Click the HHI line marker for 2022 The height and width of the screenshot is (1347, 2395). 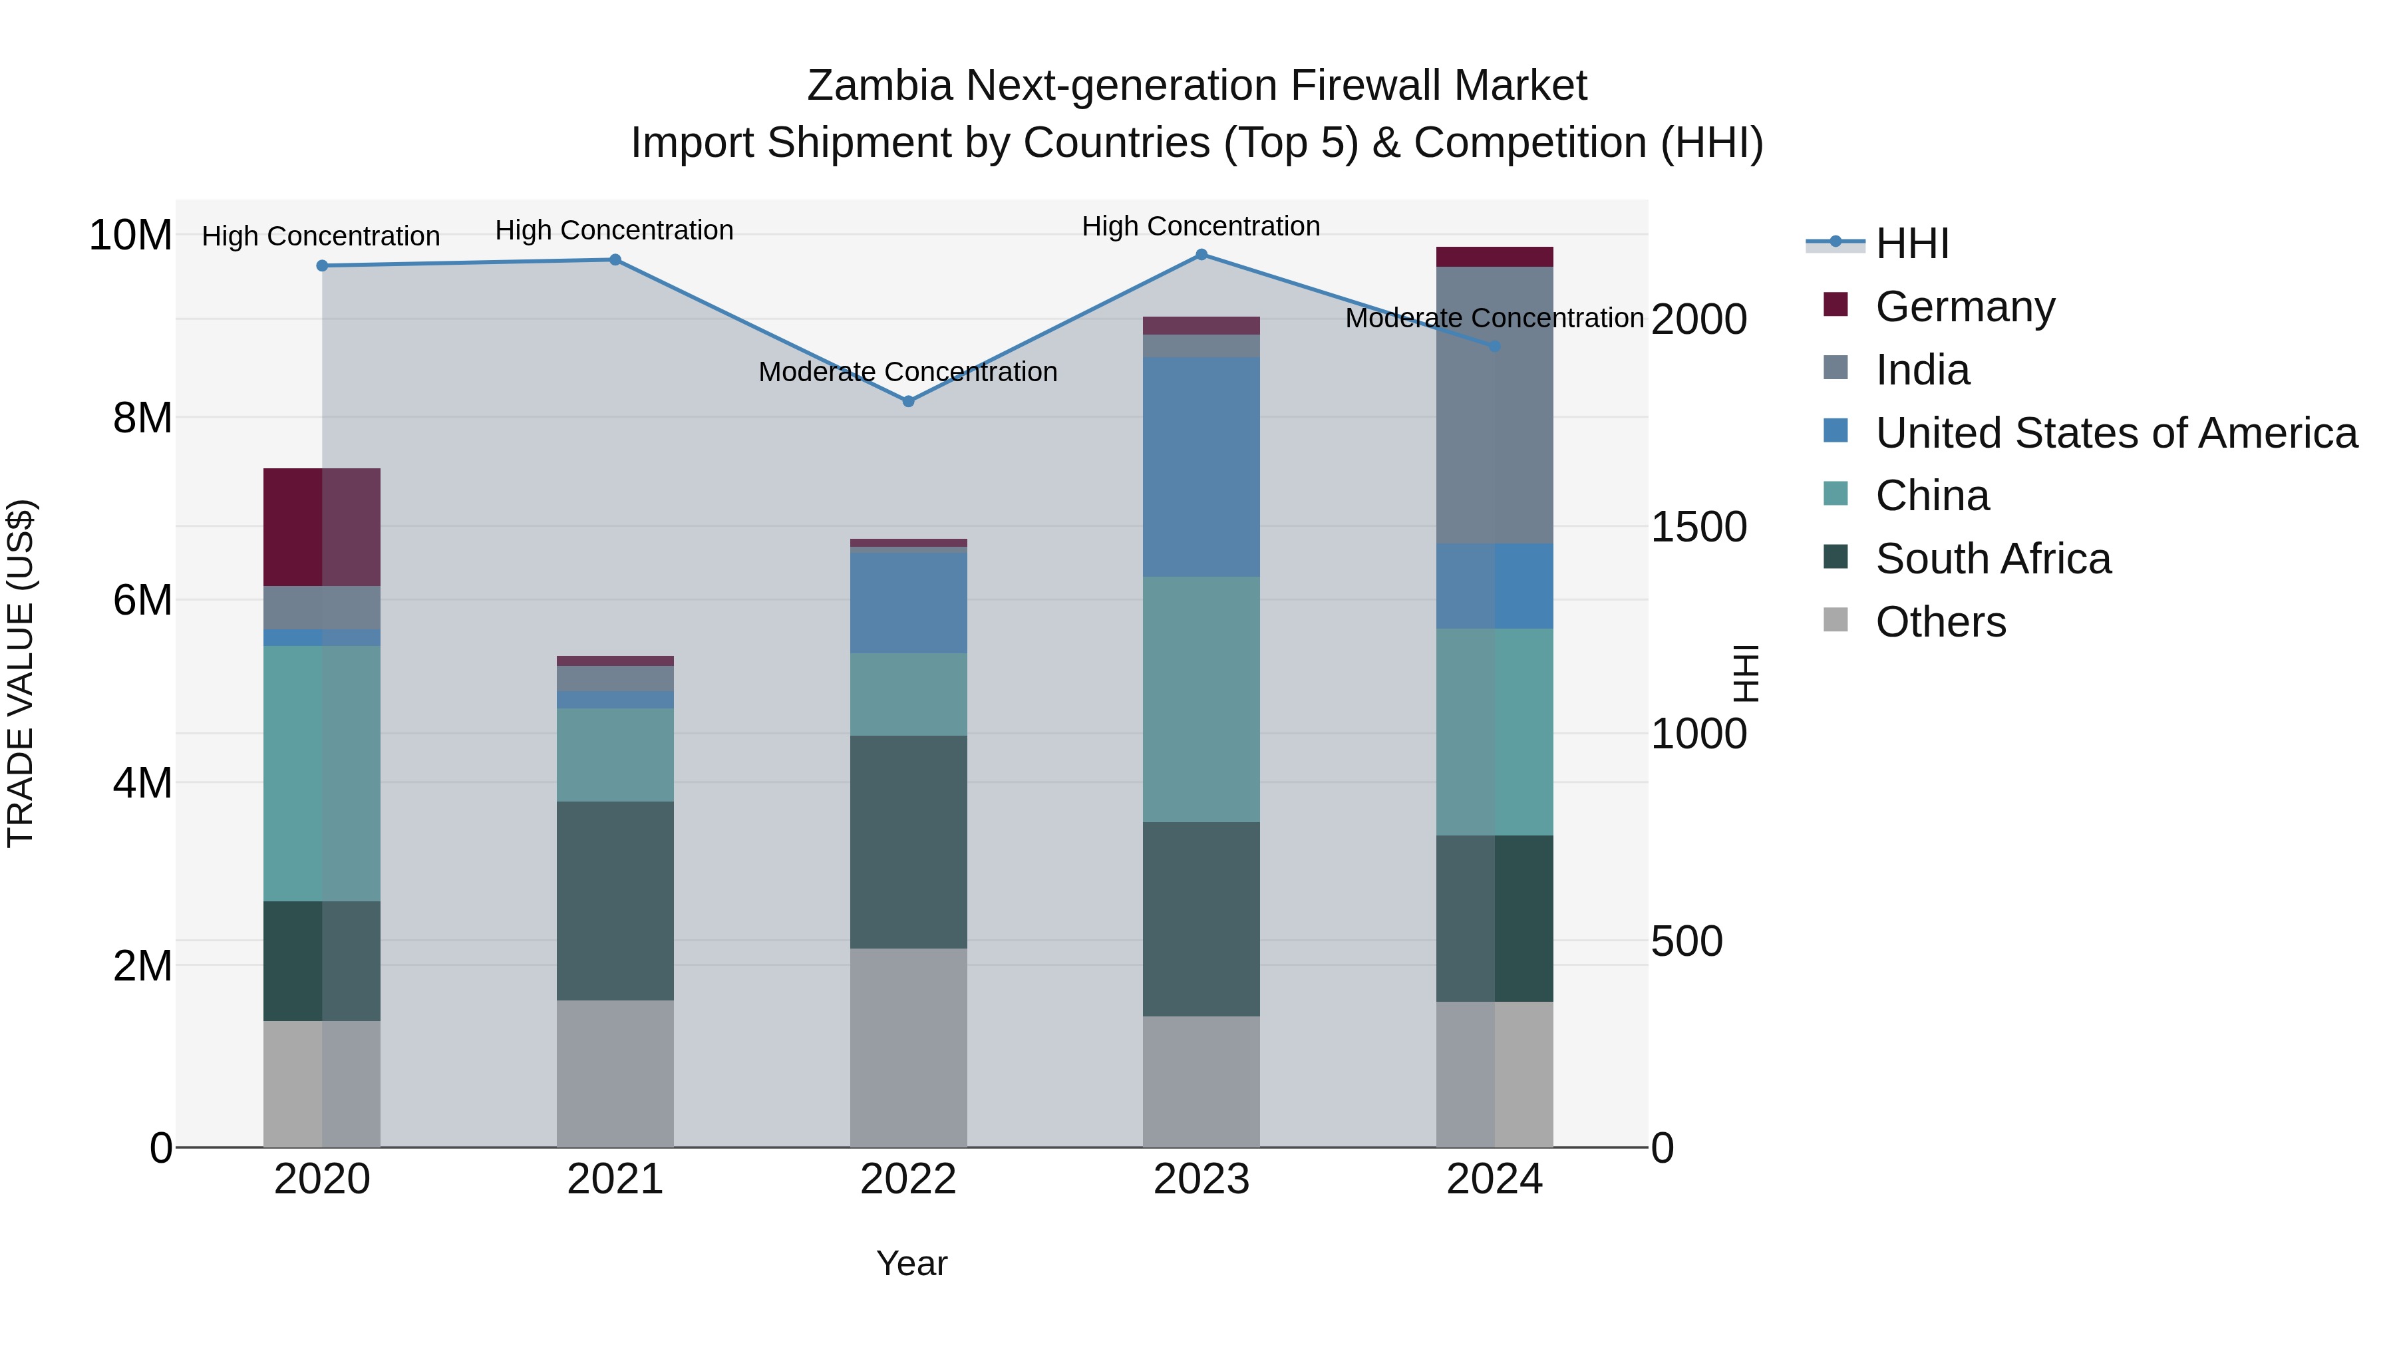pyautogui.click(x=908, y=402)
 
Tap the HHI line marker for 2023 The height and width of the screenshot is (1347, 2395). pyautogui.click(x=1201, y=255)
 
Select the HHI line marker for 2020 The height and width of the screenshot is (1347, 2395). pyautogui.click(x=323, y=266)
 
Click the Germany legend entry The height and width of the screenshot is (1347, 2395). pyautogui.click(x=1965, y=307)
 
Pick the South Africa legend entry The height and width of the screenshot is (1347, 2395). pyautogui.click(x=1993, y=559)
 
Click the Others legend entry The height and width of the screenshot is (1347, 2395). pyautogui.click(x=1941, y=622)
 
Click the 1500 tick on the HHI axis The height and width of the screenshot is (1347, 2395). pyautogui.click(x=1698, y=527)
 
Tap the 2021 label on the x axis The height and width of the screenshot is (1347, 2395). pyautogui.click(x=615, y=1179)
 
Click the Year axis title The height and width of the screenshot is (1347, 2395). pyautogui.click(x=911, y=1263)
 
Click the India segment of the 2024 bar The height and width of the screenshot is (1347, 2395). pyautogui.click(x=1494, y=404)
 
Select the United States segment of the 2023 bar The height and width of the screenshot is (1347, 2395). pyautogui.click(x=1201, y=467)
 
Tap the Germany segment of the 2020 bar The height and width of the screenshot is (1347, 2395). pyautogui.click(x=322, y=527)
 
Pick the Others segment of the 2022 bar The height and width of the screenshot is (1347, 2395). pyautogui.click(x=908, y=1048)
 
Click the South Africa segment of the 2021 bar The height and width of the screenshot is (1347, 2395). pyautogui.click(x=615, y=901)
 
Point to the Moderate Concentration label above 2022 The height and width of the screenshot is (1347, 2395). pyautogui.click(x=907, y=372)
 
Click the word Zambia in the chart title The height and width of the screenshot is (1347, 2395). pyautogui.click(x=879, y=86)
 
